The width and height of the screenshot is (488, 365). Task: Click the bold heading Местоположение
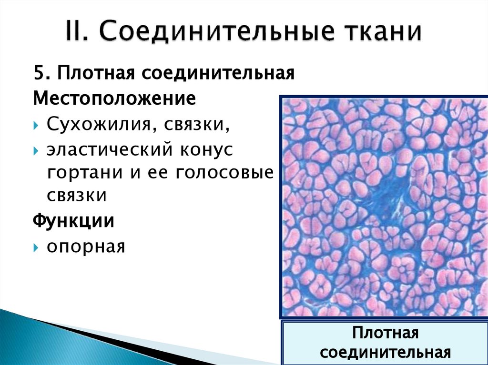(114, 99)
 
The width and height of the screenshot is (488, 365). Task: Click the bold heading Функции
(73, 221)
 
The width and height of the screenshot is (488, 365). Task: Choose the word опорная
(85, 247)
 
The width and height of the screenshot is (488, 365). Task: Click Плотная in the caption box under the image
(386, 333)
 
